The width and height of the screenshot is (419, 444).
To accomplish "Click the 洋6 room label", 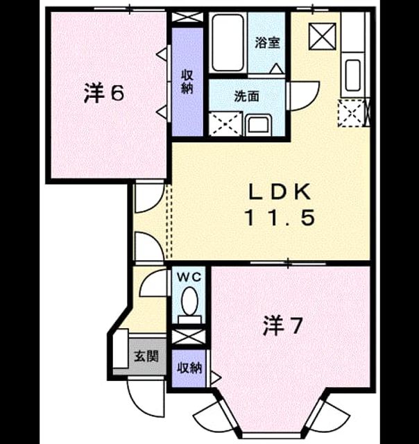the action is [104, 94].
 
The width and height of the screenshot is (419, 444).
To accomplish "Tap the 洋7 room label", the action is [283, 327].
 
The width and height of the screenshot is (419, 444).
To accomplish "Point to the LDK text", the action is [280, 192].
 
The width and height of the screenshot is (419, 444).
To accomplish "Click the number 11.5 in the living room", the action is [280, 218].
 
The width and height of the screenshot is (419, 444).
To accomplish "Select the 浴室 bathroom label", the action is [267, 42].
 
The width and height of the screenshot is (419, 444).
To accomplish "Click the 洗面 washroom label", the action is [246, 96].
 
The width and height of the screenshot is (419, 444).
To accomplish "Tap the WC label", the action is [189, 277].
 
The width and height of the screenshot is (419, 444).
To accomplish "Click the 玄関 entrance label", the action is [146, 356].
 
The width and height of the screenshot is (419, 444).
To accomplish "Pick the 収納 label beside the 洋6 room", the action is [187, 82].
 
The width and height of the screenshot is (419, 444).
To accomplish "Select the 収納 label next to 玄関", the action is [189, 368].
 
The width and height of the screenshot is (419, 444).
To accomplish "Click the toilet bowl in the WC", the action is [189, 301].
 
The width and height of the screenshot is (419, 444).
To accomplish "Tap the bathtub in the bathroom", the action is [228, 43].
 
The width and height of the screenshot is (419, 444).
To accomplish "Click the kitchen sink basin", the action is [353, 75].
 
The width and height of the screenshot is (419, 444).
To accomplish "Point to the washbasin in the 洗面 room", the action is [258, 125].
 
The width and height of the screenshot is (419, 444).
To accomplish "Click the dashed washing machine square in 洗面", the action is [225, 123].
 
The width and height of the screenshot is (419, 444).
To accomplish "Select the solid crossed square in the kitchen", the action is [323, 37].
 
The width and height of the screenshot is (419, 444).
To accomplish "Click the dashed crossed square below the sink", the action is [351, 113].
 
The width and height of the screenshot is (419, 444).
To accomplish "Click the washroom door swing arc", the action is [304, 96].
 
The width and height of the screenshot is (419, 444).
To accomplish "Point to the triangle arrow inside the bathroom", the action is [276, 68].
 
